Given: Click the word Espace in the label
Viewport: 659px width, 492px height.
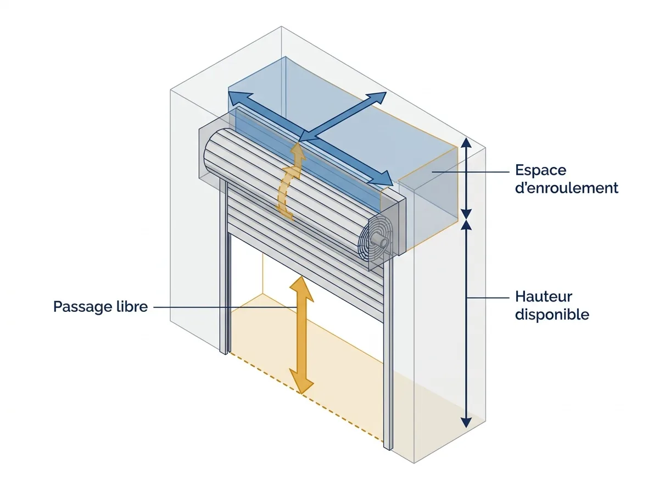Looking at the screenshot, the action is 541,170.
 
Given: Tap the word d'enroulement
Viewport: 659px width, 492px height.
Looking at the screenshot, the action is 567,188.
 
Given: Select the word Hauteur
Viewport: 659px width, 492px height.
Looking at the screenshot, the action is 544,297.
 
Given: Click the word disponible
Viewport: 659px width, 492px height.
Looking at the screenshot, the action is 552,315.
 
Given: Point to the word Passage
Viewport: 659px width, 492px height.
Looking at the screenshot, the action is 82,307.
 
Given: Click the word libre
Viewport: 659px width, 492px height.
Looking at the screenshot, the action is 131,306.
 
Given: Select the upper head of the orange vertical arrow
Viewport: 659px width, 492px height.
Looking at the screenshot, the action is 301,288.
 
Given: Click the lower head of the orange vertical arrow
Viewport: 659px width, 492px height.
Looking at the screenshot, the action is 301,382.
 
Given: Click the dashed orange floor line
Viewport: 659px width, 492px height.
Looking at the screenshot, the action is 306,397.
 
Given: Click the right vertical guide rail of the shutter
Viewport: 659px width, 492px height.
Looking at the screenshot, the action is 388,354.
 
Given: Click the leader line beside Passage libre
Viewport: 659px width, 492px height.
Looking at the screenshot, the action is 225,307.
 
